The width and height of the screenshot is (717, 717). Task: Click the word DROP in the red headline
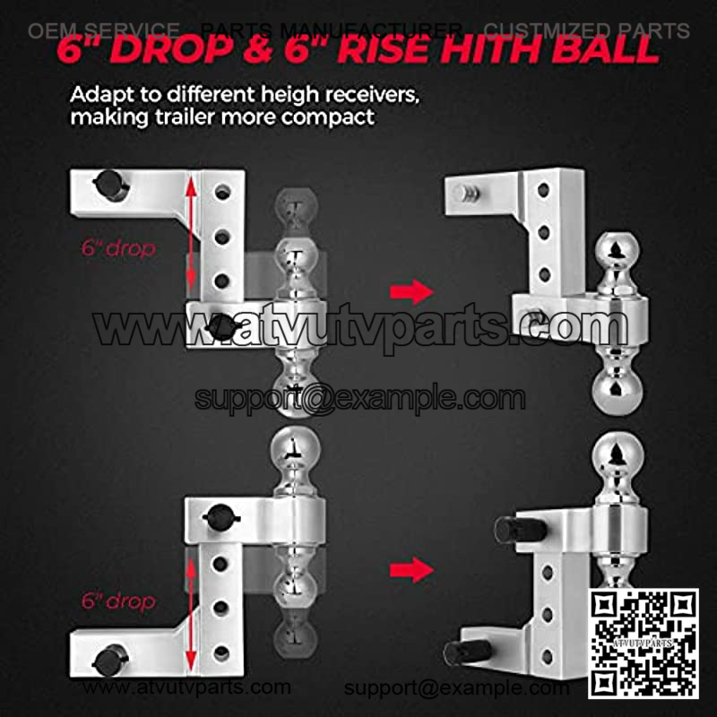[x=171, y=50]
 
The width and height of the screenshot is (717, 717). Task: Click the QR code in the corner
[x=644, y=644]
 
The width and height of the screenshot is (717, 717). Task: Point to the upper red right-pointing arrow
[x=411, y=291]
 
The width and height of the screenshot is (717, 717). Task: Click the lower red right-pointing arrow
[x=411, y=570]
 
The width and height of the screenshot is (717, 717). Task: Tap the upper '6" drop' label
[x=118, y=248]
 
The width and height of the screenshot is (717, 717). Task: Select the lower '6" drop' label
[x=118, y=600]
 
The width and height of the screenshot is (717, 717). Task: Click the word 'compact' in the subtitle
[x=328, y=117]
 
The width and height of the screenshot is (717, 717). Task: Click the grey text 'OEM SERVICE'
[x=104, y=30]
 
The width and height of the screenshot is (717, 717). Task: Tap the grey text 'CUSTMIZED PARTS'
[x=587, y=30]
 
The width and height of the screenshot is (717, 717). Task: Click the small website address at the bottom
[x=186, y=687]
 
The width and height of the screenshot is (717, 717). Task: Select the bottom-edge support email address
[x=456, y=687]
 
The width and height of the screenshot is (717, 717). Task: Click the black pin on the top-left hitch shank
[x=111, y=185]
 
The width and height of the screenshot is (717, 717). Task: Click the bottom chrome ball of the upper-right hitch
[x=617, y=391]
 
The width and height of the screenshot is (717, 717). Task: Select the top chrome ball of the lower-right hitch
[x=618, y=455]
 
